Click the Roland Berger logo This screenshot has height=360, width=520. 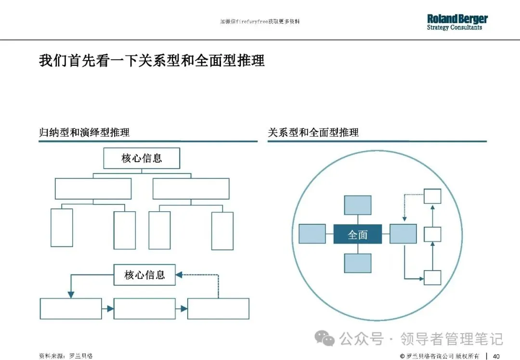tap(457, 22)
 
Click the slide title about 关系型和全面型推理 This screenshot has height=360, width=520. tap(152, 61)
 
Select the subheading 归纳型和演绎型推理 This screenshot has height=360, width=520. tap(84, 132)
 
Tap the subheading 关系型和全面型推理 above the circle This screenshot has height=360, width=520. tap(313, 132)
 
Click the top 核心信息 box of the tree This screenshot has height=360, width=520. tap(142, 158)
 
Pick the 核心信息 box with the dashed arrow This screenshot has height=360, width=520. tap(144, 275)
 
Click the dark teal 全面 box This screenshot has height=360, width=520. tap(357, 234)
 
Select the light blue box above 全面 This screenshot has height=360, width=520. tap(357, 205)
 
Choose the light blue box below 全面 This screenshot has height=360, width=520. tap(357, 263)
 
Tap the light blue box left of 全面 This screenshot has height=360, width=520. tap(312, 234)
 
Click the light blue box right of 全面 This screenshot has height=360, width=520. tap(403, 234)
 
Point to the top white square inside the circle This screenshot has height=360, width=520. tap(432, 196)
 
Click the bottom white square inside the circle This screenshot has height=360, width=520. tap(432, 278)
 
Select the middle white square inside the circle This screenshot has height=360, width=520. tap(432, 234)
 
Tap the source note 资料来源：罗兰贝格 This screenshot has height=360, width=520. tap(65, 356)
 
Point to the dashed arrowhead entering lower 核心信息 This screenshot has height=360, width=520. tap(179, 275)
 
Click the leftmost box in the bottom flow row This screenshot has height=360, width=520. tap(71, 309)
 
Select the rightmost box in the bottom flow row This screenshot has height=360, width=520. tap(218, 309)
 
